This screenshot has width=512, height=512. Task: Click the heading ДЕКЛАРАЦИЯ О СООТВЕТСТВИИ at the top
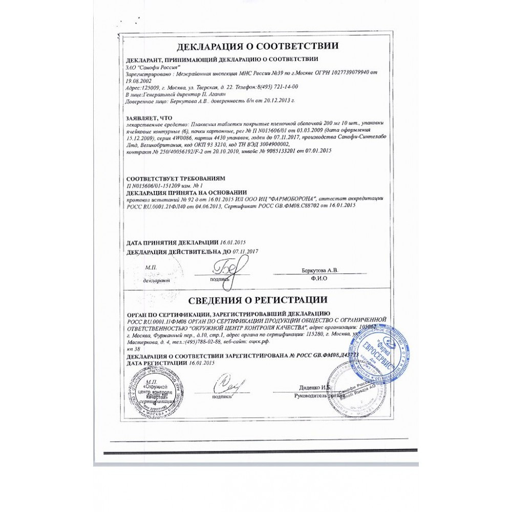258,47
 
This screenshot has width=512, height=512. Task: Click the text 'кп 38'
132,348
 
